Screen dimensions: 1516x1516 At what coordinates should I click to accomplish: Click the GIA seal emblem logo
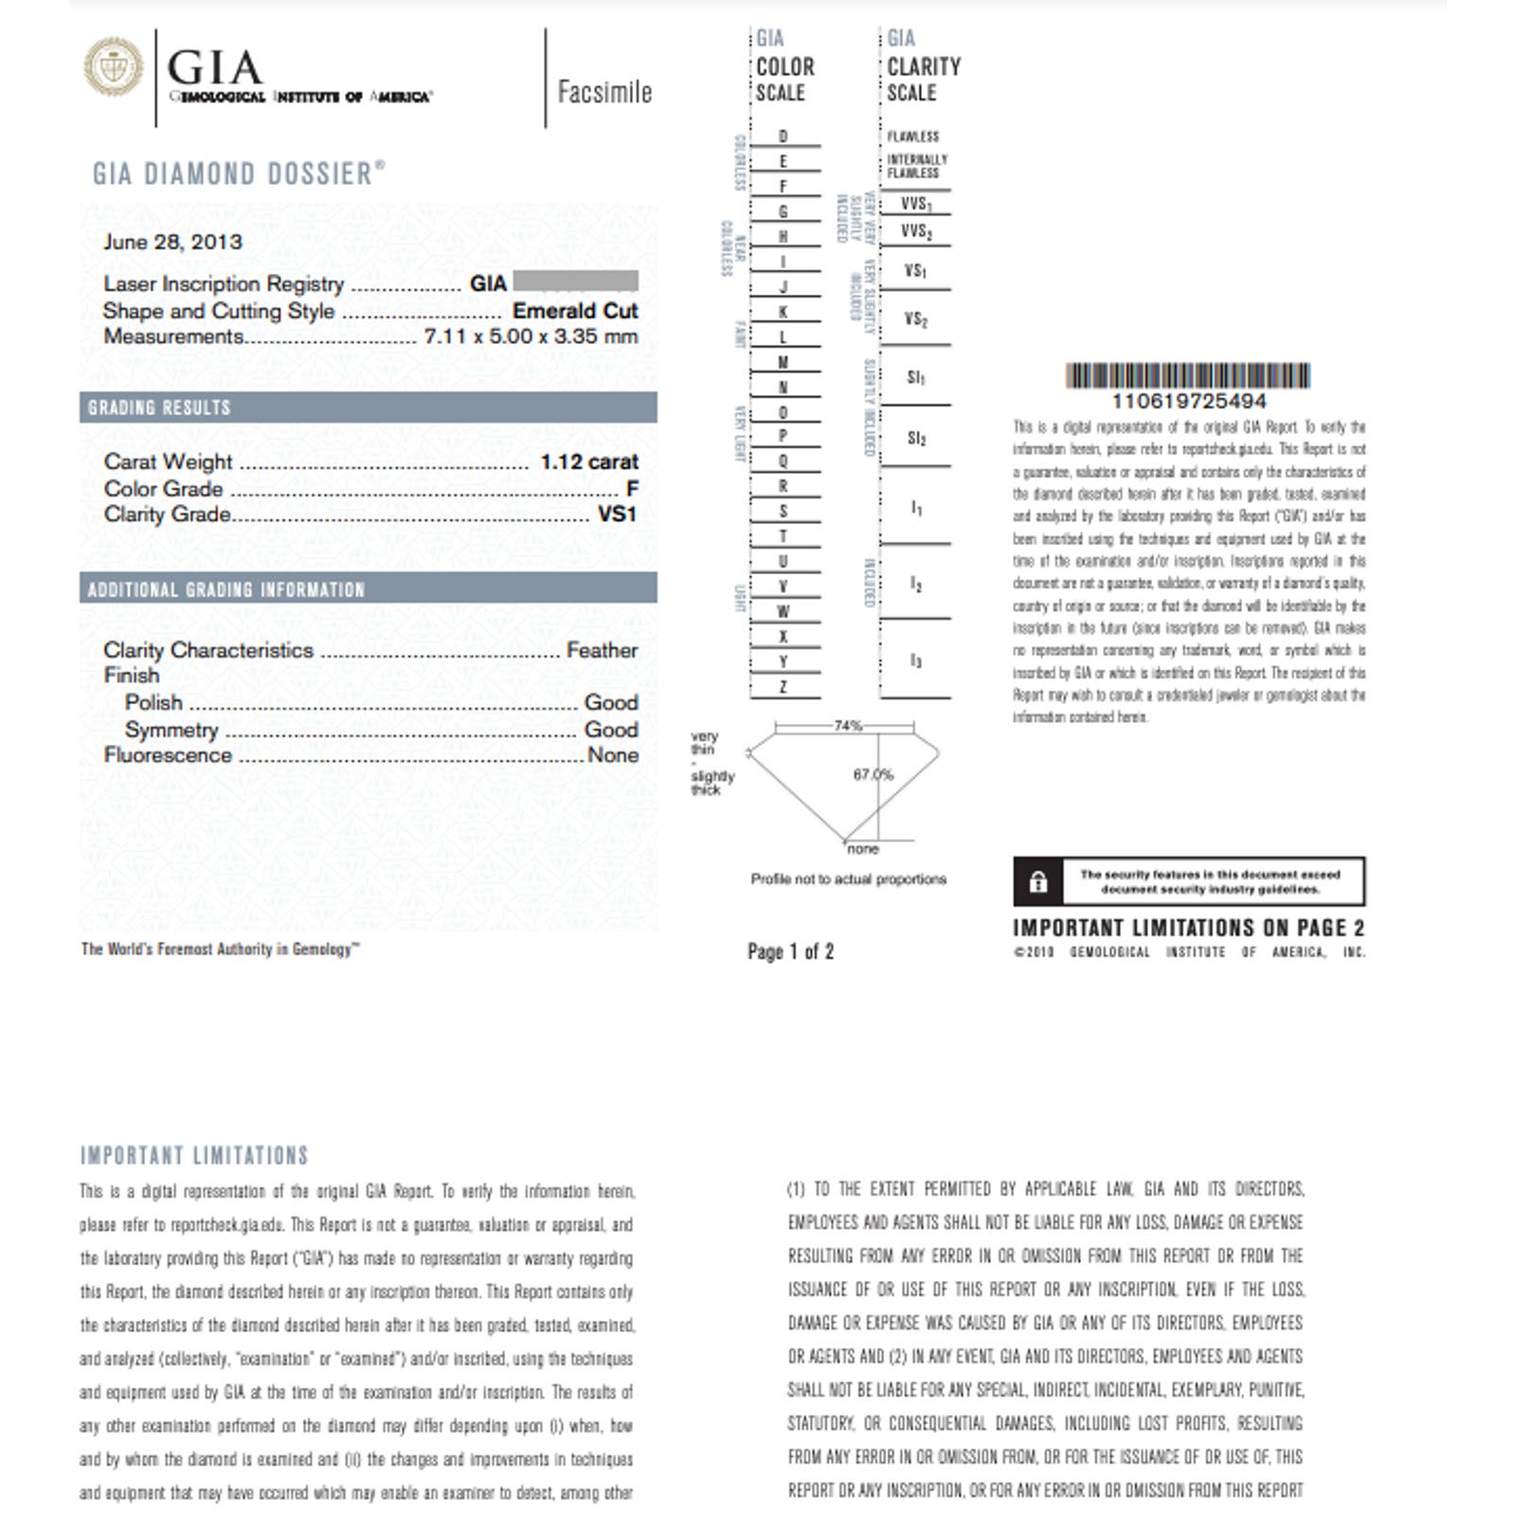coord(113,67)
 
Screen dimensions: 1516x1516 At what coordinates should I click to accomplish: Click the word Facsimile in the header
coord(605,92)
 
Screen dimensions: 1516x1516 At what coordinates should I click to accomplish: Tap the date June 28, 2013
coord(172,242)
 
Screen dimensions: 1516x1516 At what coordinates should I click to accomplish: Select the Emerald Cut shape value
coord(575,311)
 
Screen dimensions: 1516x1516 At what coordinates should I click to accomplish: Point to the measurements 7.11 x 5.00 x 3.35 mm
coord(531,336)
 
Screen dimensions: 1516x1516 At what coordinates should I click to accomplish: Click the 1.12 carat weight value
coord(589,461)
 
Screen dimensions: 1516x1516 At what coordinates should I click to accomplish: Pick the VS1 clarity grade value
coord(617,514)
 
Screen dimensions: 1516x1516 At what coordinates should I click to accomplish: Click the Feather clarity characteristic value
coord(602,650)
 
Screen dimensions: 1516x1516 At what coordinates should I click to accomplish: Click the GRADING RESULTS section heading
coord(159,407)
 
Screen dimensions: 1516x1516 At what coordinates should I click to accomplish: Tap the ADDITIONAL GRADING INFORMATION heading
coord(226,589)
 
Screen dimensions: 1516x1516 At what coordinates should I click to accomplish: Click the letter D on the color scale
coord(783,136)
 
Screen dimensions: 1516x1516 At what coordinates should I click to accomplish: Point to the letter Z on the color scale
coord(783,687)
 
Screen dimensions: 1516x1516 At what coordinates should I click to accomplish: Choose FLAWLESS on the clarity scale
coord(912,136)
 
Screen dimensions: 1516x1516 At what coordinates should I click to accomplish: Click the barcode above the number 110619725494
coord(1187,375)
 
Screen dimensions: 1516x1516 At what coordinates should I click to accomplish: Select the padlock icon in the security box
coord(1038,882)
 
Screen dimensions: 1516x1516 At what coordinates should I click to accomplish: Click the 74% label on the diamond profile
coord(847,726)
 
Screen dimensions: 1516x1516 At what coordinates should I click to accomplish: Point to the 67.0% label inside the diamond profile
coord(873,774)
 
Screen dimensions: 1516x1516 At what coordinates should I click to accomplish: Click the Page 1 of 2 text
coord(790,951)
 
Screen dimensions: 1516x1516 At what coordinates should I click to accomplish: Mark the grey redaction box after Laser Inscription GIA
coord(575,281)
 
